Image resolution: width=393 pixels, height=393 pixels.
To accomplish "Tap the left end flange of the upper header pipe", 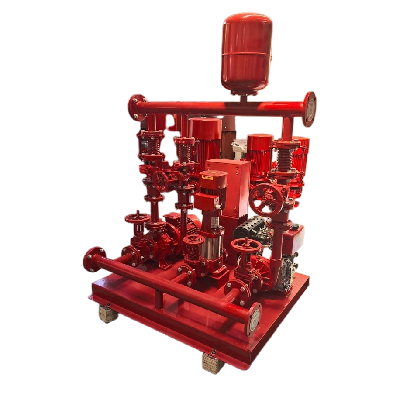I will (x=138, y=107).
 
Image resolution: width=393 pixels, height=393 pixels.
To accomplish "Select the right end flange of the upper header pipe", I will (x=310, y=108).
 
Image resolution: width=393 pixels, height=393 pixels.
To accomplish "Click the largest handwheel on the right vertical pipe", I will (x=267, y=197).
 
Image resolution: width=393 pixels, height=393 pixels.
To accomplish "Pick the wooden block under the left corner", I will (x=108, y=313).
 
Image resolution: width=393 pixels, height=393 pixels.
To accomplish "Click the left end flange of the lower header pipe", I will (x=94, y=259).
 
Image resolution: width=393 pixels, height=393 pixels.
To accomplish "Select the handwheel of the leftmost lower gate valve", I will (x=137, y=217).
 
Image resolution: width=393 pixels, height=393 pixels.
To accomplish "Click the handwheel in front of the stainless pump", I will (x=193, y=239).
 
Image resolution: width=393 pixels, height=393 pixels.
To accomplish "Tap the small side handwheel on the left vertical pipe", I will (x=160, y=179).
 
